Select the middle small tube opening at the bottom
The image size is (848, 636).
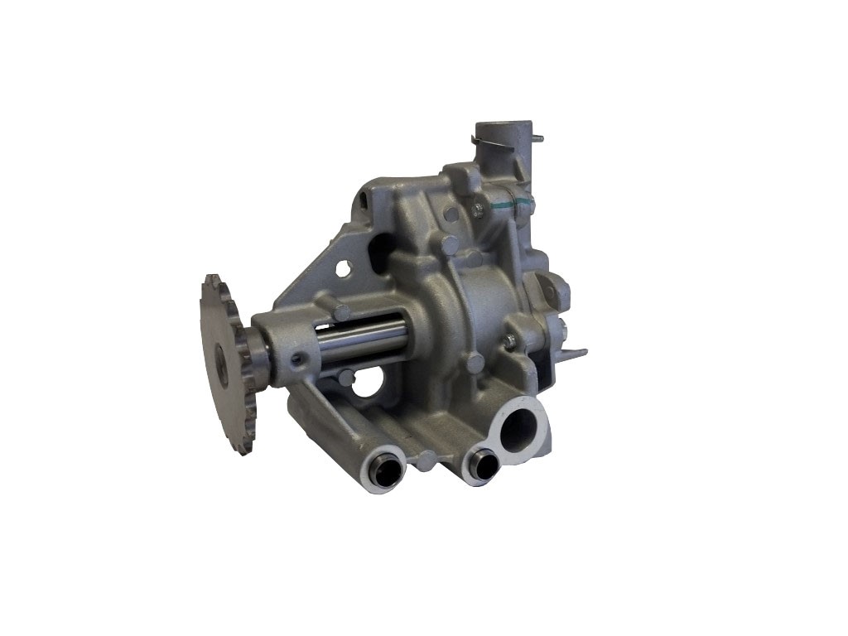pos(480,465)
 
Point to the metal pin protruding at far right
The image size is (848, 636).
pos(575,352)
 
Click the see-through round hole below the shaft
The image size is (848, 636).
pos(365,383)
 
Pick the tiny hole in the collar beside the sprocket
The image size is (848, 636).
pos(296,359)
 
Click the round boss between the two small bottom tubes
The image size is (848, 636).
pos(426,460)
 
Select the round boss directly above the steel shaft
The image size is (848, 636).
pos(341,312)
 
